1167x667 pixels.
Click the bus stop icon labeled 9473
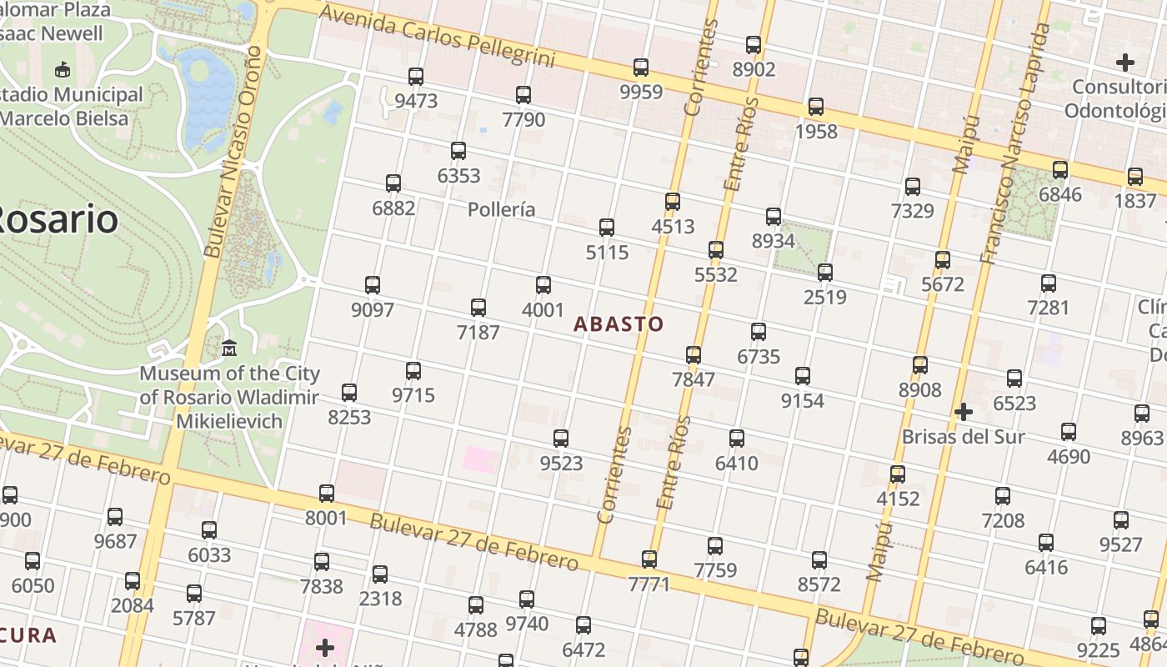tap(416, 77)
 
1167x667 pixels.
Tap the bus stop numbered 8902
tap(754, 45)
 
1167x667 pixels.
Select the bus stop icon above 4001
tap(543, 285)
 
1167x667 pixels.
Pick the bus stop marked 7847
tap(694, 355)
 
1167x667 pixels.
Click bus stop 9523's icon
tap(561, 439)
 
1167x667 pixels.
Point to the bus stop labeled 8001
tap(327, 494)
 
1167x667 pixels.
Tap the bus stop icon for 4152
tap(898, 474)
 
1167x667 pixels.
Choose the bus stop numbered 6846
tap(1060, 170)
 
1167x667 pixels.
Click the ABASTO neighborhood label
tap(619, 324)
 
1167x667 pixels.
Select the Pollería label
tap(501, 209)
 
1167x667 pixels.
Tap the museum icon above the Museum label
tap(229, 348)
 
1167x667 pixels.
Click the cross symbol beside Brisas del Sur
tap(964, 412)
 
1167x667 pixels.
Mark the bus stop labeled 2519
tap(825, 273)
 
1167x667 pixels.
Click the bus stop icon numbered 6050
tap(33, 561)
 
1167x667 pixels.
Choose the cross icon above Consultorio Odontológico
tap(1125, 63)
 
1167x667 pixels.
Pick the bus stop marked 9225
tap(1099, 626)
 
